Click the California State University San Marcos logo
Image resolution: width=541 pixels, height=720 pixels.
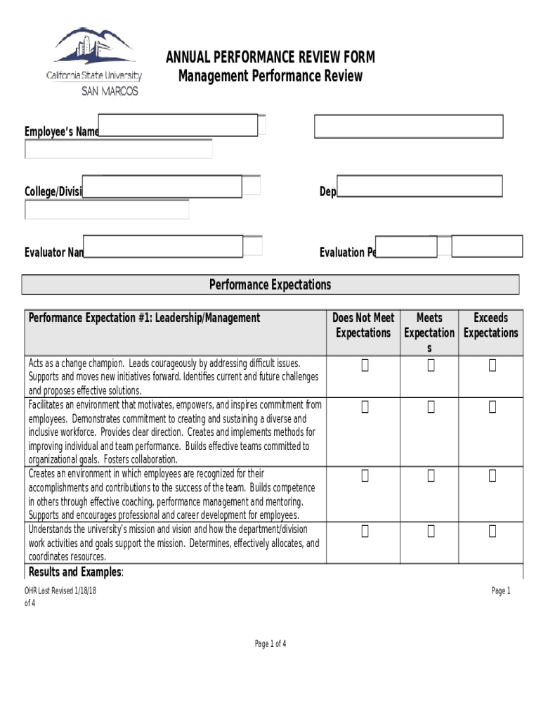[x=94, y=62]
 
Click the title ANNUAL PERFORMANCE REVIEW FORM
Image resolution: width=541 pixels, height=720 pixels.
[x=270, y=58]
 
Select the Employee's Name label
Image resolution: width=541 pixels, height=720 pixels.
[x=61, y=132]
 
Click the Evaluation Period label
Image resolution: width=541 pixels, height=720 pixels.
[x=347, y=252]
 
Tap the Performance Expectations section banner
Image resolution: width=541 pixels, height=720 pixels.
[x=270, y=285]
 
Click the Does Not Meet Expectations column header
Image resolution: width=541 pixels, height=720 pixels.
[x=363, y=326]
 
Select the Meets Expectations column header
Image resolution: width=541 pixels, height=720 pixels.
[x=429, y=333]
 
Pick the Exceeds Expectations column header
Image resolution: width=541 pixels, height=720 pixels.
[x=490, y=326]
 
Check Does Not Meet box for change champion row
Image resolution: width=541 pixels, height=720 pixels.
[x=365, y=365]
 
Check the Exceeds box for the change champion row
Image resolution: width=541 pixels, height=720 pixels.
[x=493, y=365]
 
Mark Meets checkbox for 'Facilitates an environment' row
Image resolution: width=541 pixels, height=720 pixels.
[x=431, y=406]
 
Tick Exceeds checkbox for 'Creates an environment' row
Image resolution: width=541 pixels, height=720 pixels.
[x=493, y=476]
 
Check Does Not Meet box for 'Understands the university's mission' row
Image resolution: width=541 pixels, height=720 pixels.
[x=365, y=532]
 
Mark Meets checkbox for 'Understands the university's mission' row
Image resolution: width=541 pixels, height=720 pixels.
[x=431, y=532]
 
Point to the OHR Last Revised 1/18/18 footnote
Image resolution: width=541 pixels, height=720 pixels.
[x=60, y=591]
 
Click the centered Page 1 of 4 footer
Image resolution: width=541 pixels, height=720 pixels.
[x=270, y=643]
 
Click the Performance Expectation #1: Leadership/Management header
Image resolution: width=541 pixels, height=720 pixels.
[x=144, y=318]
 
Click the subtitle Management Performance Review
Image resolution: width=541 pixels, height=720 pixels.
[x=270, y=76]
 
